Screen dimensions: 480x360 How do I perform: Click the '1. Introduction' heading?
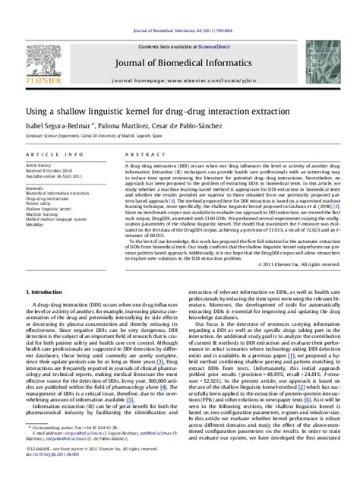(46, 270)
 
